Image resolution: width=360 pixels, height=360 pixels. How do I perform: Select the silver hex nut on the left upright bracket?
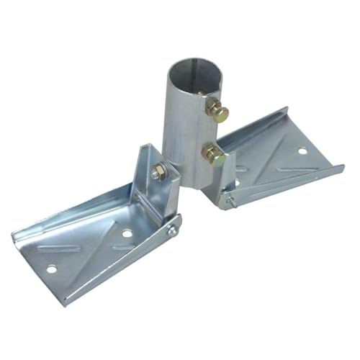pyautogui.click(x=158, y=173)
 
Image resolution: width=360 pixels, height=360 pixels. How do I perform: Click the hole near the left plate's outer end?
pyautogui.click(x=51, y=269)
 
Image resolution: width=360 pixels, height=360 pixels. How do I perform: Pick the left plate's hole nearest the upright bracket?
pyautogui.click(x=127, y=233)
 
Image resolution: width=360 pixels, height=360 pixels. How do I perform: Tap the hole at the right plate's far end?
pyautogui.click(x=302, y=150)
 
